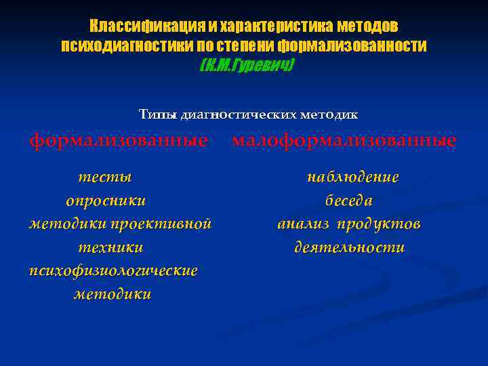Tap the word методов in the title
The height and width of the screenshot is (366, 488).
pos(369,26)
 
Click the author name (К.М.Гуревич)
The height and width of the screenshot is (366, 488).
pos(247,66)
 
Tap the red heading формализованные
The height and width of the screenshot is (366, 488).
pos(118,141)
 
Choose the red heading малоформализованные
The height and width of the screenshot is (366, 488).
pos(344,141)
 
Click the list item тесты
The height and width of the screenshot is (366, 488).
pos(104,177)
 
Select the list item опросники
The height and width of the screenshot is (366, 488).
pos(106,201)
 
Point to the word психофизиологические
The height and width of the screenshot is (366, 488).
pos(113,270)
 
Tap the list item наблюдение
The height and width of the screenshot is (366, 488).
pos(352,177)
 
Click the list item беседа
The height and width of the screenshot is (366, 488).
pos(348,201)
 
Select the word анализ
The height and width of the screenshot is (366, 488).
pos(304,224)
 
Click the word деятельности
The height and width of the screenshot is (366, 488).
pos(349,247)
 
